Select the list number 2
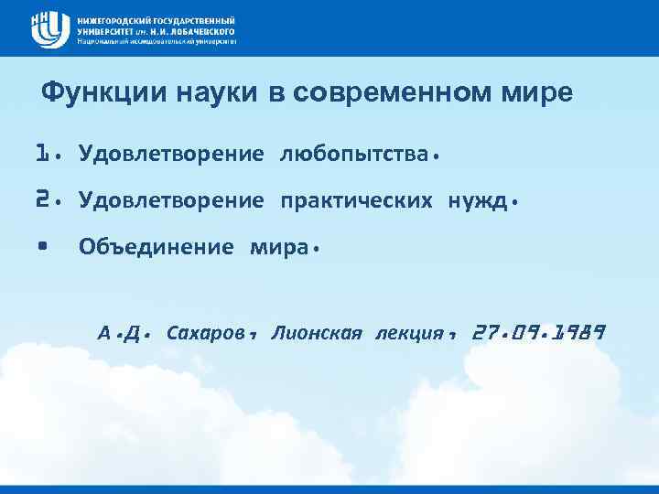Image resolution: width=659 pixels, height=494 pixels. (x=40, y=199)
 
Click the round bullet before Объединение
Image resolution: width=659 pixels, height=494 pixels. (x=42, y=246)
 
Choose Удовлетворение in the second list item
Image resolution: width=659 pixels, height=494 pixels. (x=171, y=199)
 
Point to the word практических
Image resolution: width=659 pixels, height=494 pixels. (x=357, y=199)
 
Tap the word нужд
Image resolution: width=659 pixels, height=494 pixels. (x=477, y=199)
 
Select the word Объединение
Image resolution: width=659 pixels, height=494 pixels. (x=157, y=247)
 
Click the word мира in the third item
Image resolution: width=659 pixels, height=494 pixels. (x=278, y=247)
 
